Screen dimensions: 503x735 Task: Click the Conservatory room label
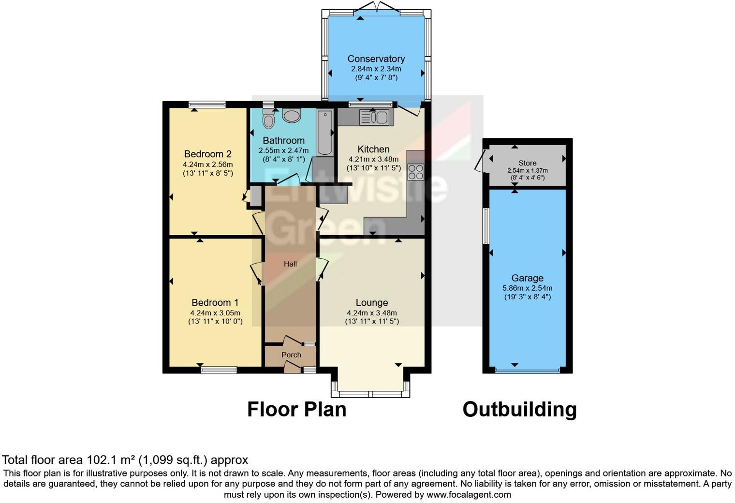click(376, 59)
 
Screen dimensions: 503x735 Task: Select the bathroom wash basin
click(292, 115)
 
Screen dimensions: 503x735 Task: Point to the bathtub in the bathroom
click(325, 132)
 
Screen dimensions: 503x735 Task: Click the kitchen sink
click(374, 117)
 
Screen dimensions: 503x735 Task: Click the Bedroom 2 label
click(208, 154)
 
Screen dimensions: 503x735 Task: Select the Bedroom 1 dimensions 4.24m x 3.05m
click(215, 312)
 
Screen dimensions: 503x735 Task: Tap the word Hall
click(290, 264)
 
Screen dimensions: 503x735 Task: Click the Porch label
click(291, 355)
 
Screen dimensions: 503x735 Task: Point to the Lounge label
click(371, 303)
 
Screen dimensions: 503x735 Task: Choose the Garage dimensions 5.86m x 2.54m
click(527, 288)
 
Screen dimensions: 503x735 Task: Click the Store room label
click(527, 163)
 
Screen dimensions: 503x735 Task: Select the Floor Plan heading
click(296, 409)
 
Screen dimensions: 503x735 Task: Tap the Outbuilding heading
click(519, 409)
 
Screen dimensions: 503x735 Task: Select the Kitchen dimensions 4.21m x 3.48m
click(373, 159)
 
